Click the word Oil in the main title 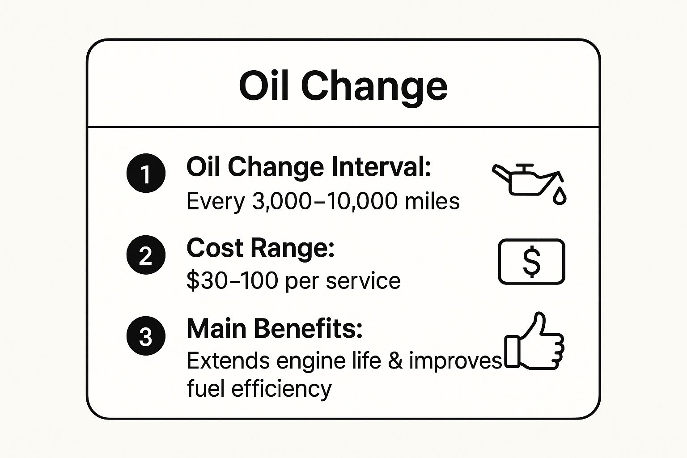263,86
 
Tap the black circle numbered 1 146,173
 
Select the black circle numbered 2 146,254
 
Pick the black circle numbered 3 146,335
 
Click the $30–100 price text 232,281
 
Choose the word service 363,281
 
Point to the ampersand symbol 395,361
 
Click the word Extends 228,361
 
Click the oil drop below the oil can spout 560,196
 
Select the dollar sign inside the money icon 531,262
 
